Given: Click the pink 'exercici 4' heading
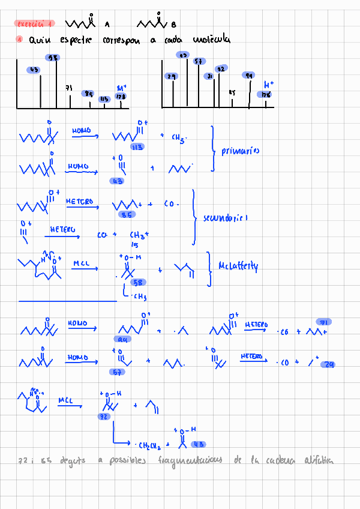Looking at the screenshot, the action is pyautogui.click(x=34, y=24).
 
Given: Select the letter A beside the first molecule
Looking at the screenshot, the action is pyautogui.click(x=107, y=25).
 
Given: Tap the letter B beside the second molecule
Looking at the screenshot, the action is pyautogui.click(x=173, y=25).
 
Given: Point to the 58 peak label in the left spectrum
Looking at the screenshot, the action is pyautogui.click(x=53, y=58).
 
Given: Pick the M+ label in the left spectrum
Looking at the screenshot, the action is pyautogui.click(x=121, y=88).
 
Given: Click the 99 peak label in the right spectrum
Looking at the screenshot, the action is pyautogui.click(x=248, y=76).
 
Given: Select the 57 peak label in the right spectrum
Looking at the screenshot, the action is pyautogui.click(x=198, y=61).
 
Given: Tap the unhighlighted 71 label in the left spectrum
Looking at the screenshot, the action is pyautogui.click(x=69, y=88).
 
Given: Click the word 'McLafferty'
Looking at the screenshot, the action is pyautogui.click(x=238, y=266).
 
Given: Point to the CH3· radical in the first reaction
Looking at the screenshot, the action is pyautogui.click(x=179, y=138).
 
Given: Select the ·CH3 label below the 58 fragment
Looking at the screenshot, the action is pyautogui.click(x=140, y=297).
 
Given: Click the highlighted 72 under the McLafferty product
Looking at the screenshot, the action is pyautogui.click(x=104, y=416).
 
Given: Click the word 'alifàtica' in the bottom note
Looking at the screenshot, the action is pyautogui.click(x=319, y=461).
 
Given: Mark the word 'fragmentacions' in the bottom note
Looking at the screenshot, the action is pyautogui.click(x=190, y=461).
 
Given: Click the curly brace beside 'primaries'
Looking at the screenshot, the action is pyautogui.click(x=212, y=148).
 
